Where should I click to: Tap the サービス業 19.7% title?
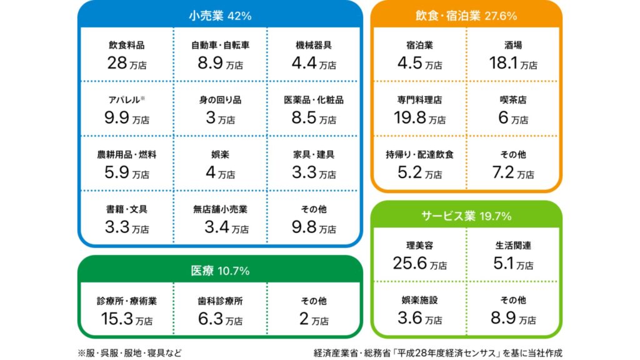click(466, 216)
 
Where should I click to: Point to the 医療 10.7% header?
click(219, 271)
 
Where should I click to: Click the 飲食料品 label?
click(126, 45)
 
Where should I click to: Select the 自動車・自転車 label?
click(220, 45)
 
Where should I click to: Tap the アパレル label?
click(126, 99)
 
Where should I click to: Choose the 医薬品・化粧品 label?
click(314, 99)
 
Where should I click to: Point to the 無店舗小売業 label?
click(220, 209)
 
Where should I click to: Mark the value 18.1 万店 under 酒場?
click(513, 63)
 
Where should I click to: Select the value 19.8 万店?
click(419, 117)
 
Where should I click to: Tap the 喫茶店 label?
click(513, 99)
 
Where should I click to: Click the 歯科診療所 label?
click(220, 301)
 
